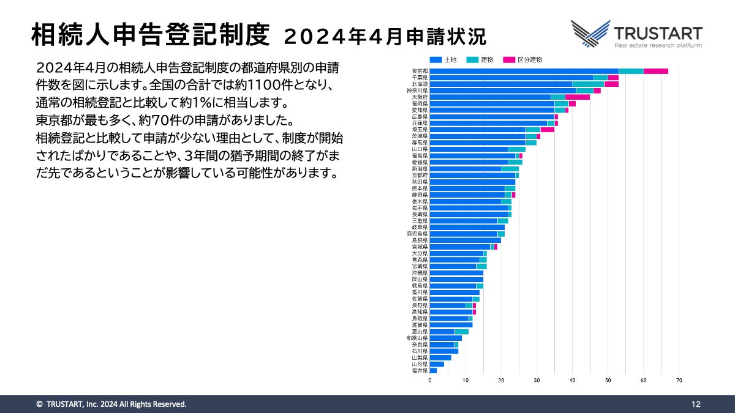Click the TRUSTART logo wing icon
(590, 34)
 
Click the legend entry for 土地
(443, 59)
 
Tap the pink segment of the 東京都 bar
(655, 71)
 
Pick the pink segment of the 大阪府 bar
(578, 97)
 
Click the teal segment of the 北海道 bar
(588, 84)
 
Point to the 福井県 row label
(420, 370)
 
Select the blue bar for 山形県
(437, 364)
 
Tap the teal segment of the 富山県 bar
(462, 332)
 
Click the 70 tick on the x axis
(679, 381)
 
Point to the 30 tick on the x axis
(537, 381)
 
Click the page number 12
(696, 404)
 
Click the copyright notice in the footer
(111, 404)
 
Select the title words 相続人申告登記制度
(150, 35)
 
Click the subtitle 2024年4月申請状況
(385, 37)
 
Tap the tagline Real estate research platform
(658, 45)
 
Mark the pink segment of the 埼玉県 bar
(547, 129)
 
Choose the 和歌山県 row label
(417, 338)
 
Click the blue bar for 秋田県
(472, 182)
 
